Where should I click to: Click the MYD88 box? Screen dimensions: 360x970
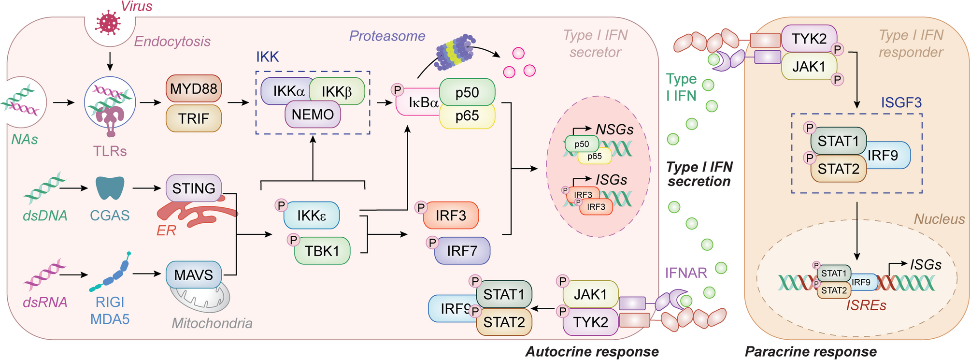[x=194, y=88]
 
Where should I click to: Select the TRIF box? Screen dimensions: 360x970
[x=194, y=118]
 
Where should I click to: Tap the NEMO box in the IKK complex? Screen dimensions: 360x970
[x=313, y=115]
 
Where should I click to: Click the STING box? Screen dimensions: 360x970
[x=194, y=188]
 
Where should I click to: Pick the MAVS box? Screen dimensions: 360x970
[x=194, y=274]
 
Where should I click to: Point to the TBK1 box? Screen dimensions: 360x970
[x=322, y=251]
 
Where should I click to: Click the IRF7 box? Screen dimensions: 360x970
[x=462, y=251]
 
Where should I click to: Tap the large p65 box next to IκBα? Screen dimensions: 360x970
[x=467, y=116]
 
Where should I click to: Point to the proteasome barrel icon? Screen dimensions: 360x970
[x=454, y=50]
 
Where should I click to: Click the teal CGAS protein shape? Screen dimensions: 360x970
[x=110, y=187]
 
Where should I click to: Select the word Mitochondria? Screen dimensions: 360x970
[x=212, y=323]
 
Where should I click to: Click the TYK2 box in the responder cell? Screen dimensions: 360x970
[x=809, y=39]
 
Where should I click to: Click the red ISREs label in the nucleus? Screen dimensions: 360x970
[x=866, y=305]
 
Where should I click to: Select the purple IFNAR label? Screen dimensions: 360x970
[x=686, y=273]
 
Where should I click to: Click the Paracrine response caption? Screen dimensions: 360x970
[x=811, y=351]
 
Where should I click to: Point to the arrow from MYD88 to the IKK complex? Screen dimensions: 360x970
[x=238, y=102]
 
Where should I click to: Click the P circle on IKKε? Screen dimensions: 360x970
[x=281, y=205]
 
